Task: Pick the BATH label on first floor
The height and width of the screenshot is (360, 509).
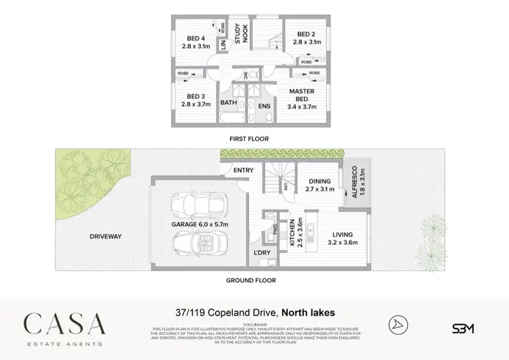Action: click(228, 103)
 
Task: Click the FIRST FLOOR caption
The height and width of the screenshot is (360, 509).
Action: click(249, 139)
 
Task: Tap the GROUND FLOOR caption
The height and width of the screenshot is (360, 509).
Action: click(251, 279)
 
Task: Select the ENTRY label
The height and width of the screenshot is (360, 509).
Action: click(243, 170)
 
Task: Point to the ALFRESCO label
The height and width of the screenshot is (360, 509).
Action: click(356, 183)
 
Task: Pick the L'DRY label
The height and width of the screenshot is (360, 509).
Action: click(261, 253)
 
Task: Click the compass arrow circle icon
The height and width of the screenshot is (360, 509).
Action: click(398, 325)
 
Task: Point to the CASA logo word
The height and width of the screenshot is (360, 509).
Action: click(65, 322)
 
